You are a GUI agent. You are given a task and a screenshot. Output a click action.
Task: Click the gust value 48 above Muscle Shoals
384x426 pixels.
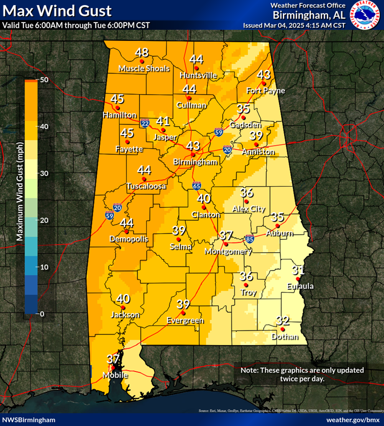click(x=142, y=52)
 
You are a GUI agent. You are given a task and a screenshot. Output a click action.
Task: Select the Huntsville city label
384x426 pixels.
click(x=198, y=76)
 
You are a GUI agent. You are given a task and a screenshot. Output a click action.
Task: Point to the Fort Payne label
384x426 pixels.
click(x=265, y=91)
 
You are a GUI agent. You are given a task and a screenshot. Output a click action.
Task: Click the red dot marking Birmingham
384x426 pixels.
click(x=193, y=154)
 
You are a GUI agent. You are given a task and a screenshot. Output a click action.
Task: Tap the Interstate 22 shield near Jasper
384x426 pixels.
click(x=145, y=123)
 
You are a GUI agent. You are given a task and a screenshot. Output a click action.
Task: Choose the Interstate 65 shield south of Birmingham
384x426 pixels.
click(x=197, y=185)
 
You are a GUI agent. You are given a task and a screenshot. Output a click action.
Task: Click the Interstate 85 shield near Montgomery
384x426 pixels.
click(x=249, y=238)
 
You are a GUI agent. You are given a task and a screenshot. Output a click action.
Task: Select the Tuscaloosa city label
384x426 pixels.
click(x=146, y=187)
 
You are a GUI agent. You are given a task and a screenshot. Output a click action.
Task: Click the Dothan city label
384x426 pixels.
click(x=283, y=337)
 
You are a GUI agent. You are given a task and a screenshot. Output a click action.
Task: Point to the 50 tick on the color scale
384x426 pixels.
click(x=44, y=80)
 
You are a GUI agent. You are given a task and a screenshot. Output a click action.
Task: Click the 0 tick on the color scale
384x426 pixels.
click(x=42, y=313)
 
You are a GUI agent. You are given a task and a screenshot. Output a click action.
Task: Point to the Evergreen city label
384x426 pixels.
click(x=185, y=321)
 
